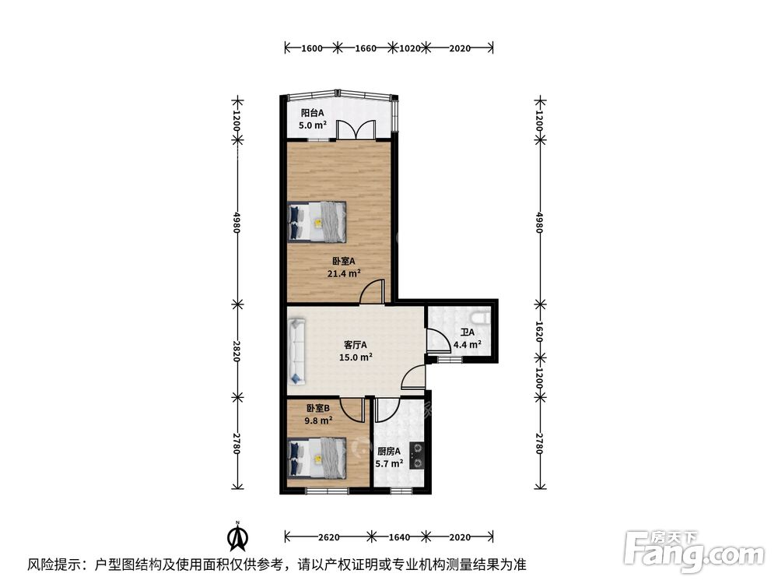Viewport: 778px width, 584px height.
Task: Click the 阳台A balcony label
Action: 312,113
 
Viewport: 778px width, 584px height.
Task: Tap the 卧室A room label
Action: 343,261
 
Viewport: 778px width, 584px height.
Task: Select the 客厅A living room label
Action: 356,345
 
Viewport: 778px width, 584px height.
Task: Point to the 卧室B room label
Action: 317,408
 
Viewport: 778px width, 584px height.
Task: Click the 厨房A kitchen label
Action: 388,452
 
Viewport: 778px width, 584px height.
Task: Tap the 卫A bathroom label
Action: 468,332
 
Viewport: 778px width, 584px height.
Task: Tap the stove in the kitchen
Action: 417,456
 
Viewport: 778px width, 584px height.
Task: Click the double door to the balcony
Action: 356,130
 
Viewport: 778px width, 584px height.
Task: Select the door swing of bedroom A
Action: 372,291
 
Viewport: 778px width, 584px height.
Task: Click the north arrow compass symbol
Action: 238,537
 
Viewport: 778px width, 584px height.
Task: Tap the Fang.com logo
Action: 694,552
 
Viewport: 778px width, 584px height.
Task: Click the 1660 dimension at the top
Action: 365,48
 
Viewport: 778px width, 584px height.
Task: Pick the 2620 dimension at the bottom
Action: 328,537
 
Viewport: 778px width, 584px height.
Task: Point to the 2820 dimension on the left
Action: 237,350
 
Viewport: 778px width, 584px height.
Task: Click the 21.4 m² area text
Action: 343,273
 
